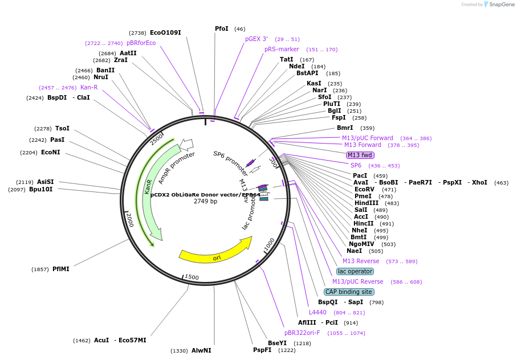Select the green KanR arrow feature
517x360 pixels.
149,188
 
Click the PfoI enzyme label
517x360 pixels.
222,28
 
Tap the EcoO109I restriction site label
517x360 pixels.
165,32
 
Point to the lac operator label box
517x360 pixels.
355,271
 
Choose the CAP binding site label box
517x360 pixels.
349,292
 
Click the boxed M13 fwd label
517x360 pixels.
360,155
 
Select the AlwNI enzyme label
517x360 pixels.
201,350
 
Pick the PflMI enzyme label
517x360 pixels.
61,269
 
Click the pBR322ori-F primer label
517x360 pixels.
302,333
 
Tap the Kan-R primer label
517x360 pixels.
89,87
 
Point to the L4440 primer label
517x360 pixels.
317,312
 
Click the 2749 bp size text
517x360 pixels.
205,201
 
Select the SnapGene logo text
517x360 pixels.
501,5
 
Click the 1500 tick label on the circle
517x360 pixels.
192,277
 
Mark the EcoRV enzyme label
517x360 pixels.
364,189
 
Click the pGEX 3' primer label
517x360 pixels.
257,39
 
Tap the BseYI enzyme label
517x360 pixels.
277,343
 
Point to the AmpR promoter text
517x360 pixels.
177,167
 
